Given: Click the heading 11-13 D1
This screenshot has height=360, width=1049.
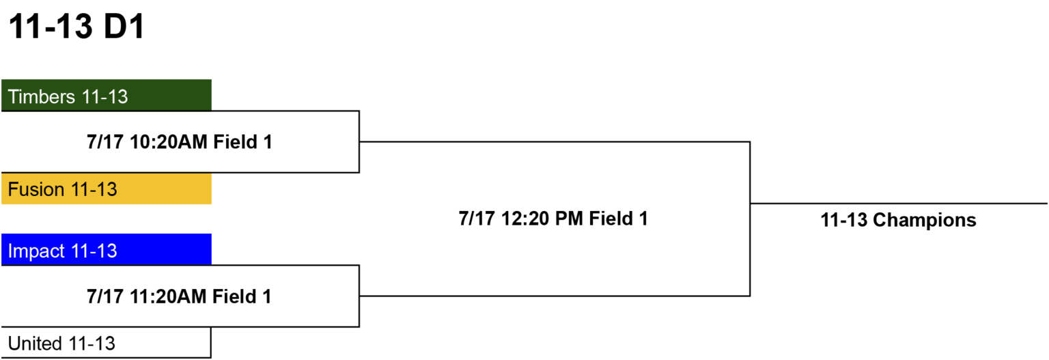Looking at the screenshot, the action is point(76,26).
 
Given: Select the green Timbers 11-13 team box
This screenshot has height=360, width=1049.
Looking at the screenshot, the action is point(107,95).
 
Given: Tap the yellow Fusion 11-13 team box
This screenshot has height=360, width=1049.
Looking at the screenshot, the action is point(107,189).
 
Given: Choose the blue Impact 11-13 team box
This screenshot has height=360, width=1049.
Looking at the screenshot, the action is point(107,249).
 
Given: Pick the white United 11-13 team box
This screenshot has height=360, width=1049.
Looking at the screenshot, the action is point(107,343).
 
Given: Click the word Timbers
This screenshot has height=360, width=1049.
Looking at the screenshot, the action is point(42,97).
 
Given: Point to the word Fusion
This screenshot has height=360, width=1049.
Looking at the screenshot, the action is point(36,190).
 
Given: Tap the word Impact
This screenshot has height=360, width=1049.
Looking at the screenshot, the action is point(36,251).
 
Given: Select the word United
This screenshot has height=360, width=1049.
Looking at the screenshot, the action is point(35,344).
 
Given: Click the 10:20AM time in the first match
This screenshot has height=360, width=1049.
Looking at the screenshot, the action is point(168,142).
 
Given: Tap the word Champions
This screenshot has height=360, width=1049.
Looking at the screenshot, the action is point(925,220).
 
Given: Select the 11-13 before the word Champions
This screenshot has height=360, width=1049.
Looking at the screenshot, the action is point(844,220).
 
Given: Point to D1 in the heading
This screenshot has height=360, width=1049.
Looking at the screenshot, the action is point(124,26).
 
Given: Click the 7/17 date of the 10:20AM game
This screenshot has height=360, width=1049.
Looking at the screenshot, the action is point(105,142).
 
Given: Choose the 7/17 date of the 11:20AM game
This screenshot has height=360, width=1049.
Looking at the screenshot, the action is point(105,296).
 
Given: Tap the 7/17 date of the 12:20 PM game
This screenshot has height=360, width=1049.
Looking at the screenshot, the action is point(477,219).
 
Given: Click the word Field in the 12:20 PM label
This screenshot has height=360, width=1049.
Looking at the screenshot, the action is point(611,219).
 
